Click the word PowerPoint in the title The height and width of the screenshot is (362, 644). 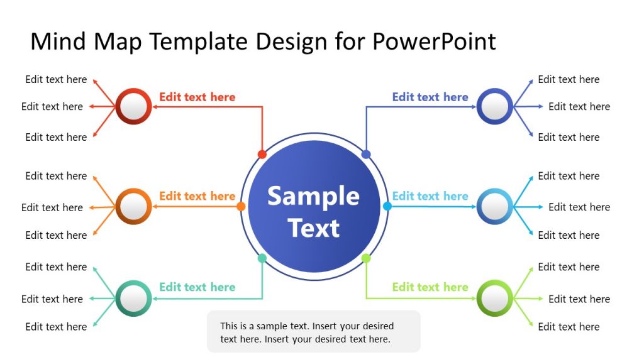[434, 41]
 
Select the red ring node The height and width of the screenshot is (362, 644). [133, 107]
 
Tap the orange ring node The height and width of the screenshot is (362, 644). [133, 206]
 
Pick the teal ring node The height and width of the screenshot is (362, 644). [133, 298]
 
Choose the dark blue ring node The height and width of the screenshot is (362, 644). [495, 106]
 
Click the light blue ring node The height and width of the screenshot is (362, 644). [495, 206]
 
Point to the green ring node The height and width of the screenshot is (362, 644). [495, 298]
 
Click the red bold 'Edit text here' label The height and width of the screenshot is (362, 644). [197, 97]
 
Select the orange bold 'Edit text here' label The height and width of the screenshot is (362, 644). [197, 196]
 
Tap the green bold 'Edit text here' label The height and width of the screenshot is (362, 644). [430, 287]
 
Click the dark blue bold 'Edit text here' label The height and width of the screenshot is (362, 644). [430, 97]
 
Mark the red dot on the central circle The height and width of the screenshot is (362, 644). [262, 154]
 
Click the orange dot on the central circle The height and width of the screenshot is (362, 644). [241, 206]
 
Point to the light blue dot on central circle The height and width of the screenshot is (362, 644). [387, 206]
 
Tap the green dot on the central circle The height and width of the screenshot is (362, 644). [366, 258]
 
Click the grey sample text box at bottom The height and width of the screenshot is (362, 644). [313, 331]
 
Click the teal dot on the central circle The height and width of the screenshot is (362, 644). [262, 258]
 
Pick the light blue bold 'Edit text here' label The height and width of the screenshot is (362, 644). [430, 196]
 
